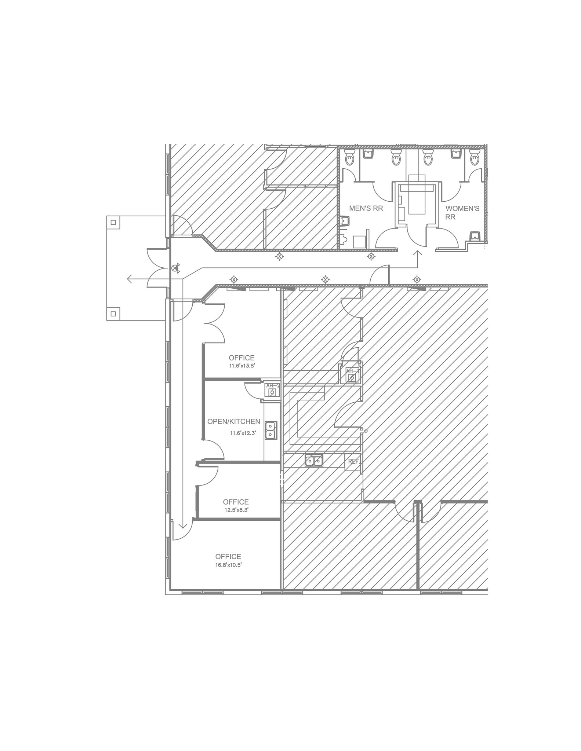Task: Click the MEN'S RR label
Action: (x=366, y=208)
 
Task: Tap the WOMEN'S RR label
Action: (x=462, y=212)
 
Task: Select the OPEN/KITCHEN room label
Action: (x=234, y=422)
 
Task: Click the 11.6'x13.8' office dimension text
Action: (x=242, y=366)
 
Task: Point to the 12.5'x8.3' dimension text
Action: (x=236, y=510)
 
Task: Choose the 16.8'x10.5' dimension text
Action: (x=228, y=565)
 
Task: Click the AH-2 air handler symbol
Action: (x=272, y=390)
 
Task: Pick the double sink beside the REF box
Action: (x=314, y=460)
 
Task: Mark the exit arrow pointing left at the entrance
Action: (x=130, y=279)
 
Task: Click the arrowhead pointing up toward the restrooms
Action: (x=418, y=253)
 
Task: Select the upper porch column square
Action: (x=113, y=223)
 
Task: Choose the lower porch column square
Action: (x=113, y=314)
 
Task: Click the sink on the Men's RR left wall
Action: (x=345, y=221)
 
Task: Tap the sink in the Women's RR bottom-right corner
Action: (x=475, y=235)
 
